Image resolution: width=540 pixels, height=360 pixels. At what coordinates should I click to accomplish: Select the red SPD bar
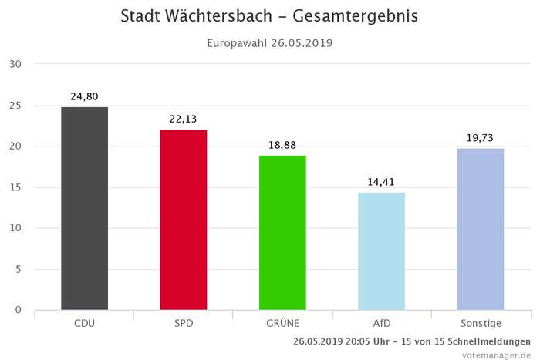tap(184, 220)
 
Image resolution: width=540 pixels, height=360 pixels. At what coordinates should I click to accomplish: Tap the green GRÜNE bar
tap(282, 233)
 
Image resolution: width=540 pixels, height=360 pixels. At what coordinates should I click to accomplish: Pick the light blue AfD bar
tap(381, 251)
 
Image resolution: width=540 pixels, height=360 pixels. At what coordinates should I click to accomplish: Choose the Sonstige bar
tap(480, 229)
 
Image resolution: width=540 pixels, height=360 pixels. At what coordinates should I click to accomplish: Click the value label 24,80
tap(85, 96)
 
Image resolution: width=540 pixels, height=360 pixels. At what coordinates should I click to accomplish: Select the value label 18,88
tap(282, 145)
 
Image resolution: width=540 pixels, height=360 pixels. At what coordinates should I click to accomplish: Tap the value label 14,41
tap(381, 182)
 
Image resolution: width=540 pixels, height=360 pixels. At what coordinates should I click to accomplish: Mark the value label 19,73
tap(480, 138)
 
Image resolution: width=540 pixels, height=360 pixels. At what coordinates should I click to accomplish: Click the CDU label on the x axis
tap(85, 323)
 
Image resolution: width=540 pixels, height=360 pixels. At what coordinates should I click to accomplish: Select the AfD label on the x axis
tap(381, 323)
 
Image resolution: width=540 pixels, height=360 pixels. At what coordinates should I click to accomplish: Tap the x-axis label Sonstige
tap(480, 323)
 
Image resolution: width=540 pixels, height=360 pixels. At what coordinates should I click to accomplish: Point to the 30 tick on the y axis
tap(15, 64)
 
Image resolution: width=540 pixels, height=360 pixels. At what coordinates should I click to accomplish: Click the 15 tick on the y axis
tap(15, 187)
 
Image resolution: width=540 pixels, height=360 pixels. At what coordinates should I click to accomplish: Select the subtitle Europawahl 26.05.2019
tap(269, 43)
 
